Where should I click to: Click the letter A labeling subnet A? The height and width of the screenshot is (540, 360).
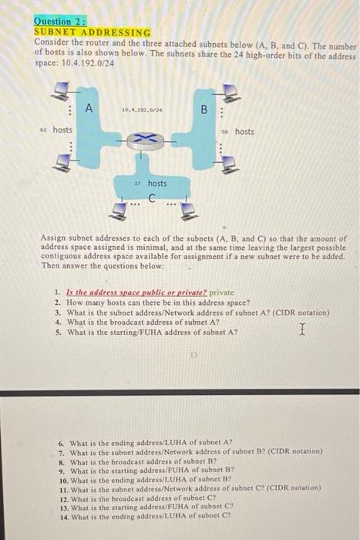(89, 108)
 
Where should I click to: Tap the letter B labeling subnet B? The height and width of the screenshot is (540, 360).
(205, 109)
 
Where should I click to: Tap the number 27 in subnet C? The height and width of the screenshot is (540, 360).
(136, 184)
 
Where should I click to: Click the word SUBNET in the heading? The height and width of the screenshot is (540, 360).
(58, 32)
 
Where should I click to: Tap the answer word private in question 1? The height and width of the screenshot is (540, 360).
(221, 292)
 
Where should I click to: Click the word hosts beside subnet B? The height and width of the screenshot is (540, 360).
(244, 133)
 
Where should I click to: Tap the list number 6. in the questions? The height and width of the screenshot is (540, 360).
(62, 444)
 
